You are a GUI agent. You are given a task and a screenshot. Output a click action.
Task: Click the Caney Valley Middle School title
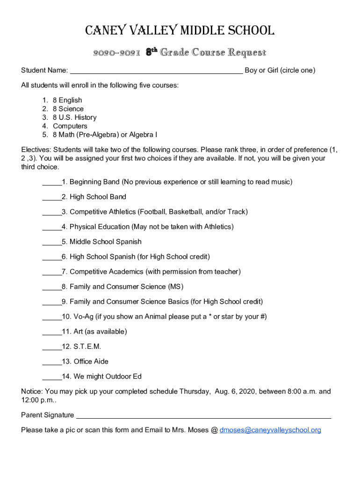pos(180,31)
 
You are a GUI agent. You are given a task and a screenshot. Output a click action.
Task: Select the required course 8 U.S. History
pos(74,117)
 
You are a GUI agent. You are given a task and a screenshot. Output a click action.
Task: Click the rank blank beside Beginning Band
pos(51,182)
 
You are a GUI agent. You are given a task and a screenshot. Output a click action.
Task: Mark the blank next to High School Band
pos(51,197)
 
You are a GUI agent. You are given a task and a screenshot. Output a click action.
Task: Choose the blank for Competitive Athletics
pos(51,212)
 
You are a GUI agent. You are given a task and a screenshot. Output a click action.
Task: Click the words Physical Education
pos(100,227)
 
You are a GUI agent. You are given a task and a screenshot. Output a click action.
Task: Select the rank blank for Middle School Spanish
pos(51,242)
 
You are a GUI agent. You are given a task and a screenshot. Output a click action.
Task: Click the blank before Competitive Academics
pos(51,272)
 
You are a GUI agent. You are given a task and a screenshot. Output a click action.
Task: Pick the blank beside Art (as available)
pos(51,332)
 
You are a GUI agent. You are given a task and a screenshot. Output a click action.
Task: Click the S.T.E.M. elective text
pos(87,347)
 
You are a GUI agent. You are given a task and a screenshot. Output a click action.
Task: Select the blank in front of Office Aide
pos(51,362)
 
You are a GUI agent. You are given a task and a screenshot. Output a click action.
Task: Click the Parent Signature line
pos(203,416)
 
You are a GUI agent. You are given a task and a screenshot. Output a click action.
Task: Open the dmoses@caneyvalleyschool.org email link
pos(270,430)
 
